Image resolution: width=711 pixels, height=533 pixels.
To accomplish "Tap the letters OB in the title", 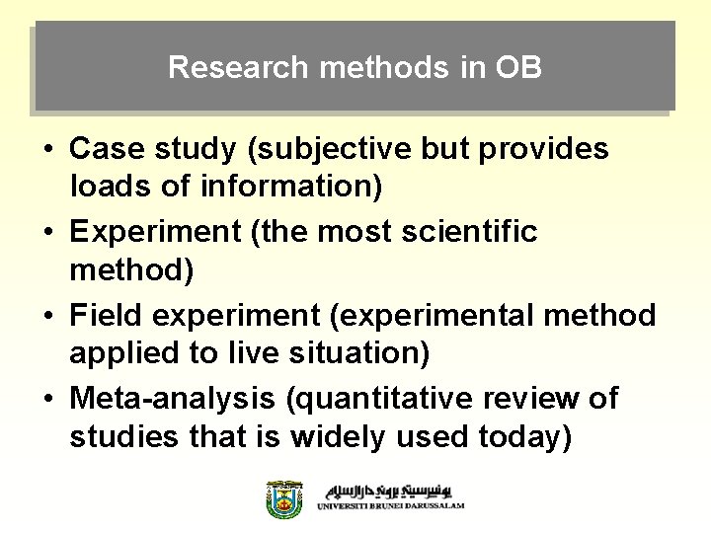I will coord(519,68).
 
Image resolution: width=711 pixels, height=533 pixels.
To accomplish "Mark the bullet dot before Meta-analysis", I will coord(47,400).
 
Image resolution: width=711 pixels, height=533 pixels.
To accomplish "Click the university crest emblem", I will coord(284,498).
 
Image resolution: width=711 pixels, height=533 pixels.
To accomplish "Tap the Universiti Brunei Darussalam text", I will coord(390,505).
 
